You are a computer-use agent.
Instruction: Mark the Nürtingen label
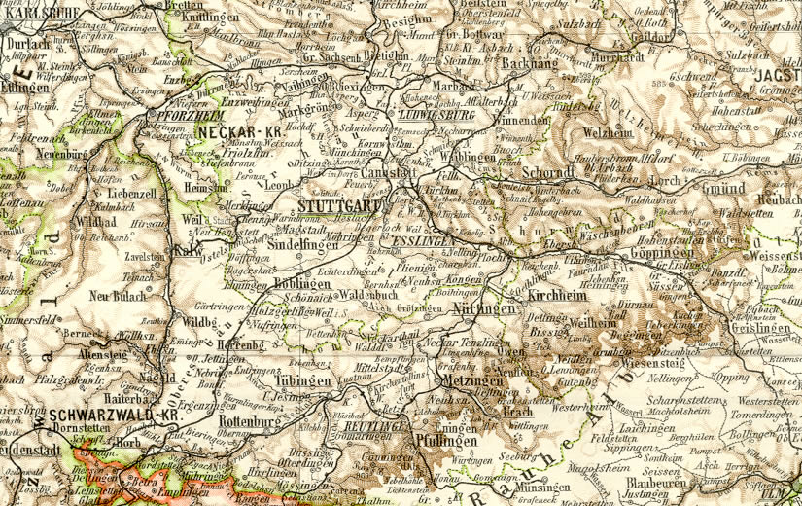pyautogui.click(x=482, y=307)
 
